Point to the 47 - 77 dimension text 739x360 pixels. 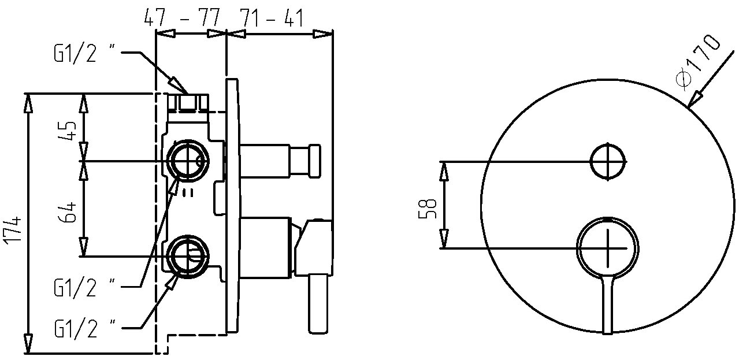[x=182, y=17]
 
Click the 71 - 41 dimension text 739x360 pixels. [x=271, y=17]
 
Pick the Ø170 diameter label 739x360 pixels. [x=697, y=62]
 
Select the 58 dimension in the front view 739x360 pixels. [x=428, y=209]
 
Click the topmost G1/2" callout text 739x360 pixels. [x=84, y=52]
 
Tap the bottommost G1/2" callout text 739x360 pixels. [x=84, y=328]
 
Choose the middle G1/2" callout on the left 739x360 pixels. [x=84, y=287]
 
